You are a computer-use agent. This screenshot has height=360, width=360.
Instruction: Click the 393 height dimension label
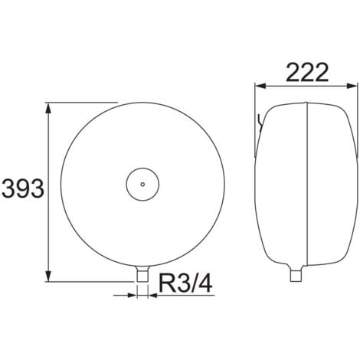coord(23,188)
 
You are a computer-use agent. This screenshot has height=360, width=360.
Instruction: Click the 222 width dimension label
coord(307,73)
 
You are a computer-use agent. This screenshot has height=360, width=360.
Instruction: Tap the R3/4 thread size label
coord(185,283)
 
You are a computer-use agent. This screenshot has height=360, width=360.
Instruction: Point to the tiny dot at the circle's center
coord(142,184)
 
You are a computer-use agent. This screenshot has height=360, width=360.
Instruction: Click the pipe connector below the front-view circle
coord(142,273)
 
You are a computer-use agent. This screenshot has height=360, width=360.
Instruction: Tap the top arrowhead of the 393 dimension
coord(48,109)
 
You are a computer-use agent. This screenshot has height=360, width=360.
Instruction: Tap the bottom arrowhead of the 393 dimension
coord(48,276)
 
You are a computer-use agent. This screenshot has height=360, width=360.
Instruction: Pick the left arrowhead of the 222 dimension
coord(261,86)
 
